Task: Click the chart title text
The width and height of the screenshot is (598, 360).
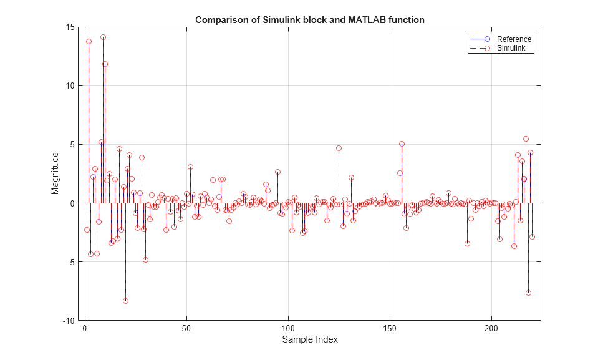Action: click(309, 20)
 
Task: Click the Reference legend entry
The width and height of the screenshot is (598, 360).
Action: click(514, 39)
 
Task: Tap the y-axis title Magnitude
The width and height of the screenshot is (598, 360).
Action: click(55, 173)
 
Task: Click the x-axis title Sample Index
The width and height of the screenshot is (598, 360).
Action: click(310, 340)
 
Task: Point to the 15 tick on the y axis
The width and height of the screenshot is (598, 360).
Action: click(70, 27)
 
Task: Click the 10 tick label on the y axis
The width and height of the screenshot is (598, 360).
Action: click(70, 86)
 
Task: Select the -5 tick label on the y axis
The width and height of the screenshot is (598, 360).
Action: click(70, 262)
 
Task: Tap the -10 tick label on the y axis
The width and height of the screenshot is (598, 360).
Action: click(69, 321)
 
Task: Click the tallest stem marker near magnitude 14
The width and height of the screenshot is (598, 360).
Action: click(103, 37)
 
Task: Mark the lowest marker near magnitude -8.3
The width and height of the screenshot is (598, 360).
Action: click(125, 301)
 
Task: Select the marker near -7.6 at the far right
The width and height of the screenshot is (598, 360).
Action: click(528, 293)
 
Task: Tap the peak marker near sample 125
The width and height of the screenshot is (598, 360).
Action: click(339, 148)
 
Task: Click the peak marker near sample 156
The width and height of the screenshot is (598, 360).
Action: click(402, 144)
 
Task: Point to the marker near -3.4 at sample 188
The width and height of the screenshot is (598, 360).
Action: click(467, 243)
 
